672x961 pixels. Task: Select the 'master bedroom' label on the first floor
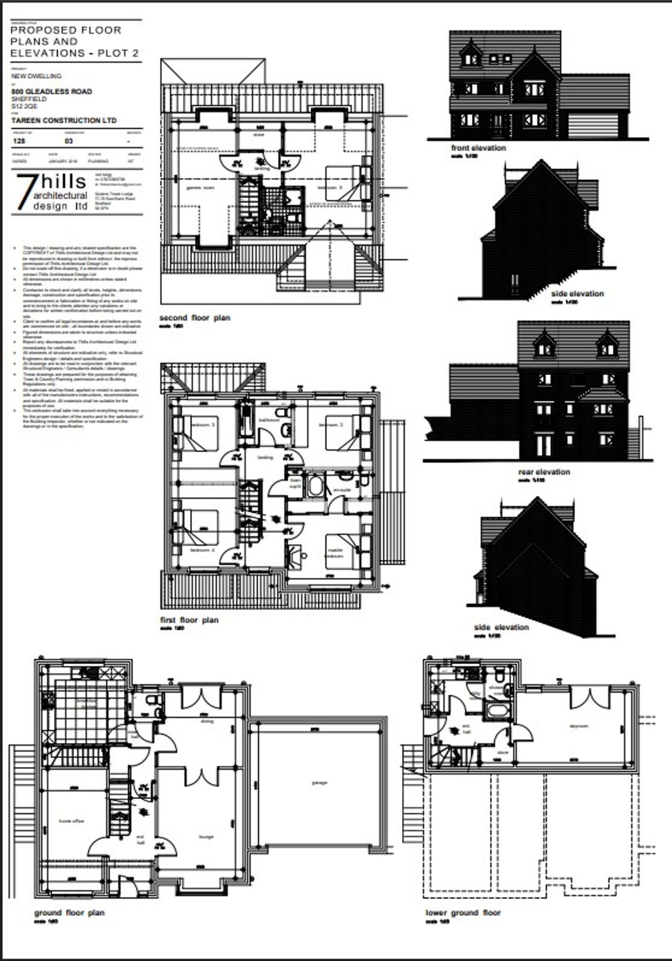click(x=335, y=553)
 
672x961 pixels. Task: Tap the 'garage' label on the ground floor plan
click(x=319, y=782)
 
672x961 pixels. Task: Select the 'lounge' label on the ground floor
click(x=206, y=836)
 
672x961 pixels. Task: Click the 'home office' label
click(x=71, y=821)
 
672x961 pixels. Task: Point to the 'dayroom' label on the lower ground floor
click(x=579, y=726)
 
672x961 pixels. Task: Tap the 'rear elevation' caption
click(x=544, y=472)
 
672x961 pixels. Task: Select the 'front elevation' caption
click(x=478, y=148)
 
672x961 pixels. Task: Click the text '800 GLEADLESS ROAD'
click(x=52, y=92)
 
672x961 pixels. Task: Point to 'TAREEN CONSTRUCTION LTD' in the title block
click(x=64, y=121)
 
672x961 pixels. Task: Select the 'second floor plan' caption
click(x=195, y=318)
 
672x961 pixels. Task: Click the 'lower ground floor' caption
click(x=463, y=913)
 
